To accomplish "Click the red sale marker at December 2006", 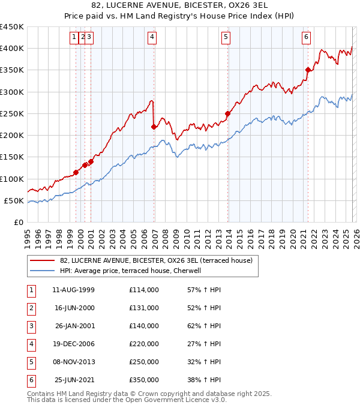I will tap(154, 127).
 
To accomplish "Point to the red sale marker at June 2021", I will tap(308, 70).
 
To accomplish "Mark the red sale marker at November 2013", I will tap(228, 113).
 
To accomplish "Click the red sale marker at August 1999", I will tap(76, 173).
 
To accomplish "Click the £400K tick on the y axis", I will tap(12, 49).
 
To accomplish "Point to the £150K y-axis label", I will tap(12, 157).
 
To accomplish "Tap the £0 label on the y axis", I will tap(18, 223).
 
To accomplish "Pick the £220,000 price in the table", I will tap(144, 344).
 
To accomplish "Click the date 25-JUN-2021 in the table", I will tap(74, 380).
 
